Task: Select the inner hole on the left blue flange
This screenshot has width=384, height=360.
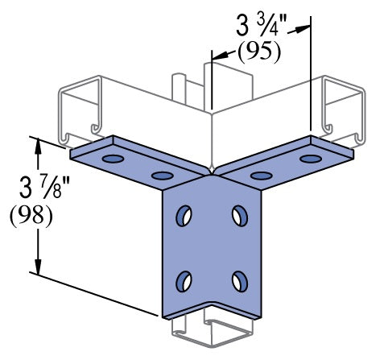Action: [x=162, y=175]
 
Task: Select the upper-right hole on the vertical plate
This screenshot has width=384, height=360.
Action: [x=239, y=215]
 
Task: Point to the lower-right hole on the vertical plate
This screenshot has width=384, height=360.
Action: [x=239, y=279]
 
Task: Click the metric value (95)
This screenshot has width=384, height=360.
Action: [x=258, y=53]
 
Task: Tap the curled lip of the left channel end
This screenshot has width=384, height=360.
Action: [x=94, y=128]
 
